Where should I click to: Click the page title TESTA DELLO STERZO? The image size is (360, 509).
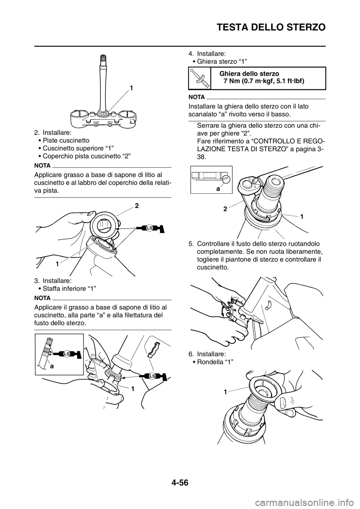[x=271, y=27]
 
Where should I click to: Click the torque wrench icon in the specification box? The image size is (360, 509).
[x=199, y=78]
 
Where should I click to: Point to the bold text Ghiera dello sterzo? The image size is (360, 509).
[x=249, y=73]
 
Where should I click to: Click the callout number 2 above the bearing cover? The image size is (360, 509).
[x=136, y=206]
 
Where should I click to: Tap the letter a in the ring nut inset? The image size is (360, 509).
[x=218, y=188]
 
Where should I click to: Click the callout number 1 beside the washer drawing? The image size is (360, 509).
[x=225, y=392]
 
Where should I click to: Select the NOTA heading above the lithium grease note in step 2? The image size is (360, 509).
[x=42, y=166]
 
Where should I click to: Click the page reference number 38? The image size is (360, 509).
[x=202, y=157]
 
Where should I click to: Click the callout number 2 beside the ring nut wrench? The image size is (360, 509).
[x=225, y=209]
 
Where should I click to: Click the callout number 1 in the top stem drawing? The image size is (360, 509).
[x=131, y=87]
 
